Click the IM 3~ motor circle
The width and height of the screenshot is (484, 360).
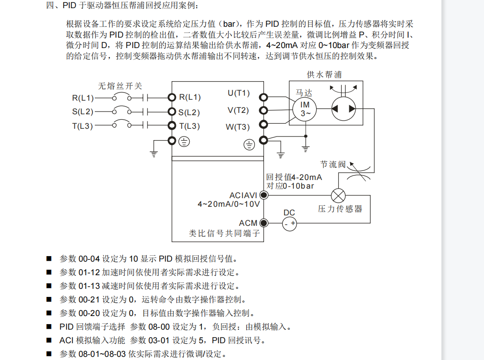coord(305,109)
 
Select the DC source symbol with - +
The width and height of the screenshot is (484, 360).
coord(289,223)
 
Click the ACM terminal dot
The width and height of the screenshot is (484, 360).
coord(263,223)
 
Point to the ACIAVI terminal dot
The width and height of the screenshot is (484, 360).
coord(263,195)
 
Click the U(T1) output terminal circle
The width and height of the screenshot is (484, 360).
coord(263,97)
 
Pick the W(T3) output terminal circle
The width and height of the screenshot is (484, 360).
coord(263,125)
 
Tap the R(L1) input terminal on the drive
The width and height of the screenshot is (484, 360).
coord(171,97)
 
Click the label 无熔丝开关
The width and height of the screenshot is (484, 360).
coord(120,86)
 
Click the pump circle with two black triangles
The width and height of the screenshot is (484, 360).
coord(343,109)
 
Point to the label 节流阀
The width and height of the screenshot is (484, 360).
coord(333,164)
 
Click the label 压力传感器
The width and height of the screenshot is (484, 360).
coord(340,209)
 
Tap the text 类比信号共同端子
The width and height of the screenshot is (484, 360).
coord(225,234)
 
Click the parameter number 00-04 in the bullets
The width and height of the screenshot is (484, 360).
coord(89,259)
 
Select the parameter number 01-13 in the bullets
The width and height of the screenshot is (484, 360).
coord(89,286)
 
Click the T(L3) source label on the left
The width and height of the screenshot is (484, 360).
coord(83,126)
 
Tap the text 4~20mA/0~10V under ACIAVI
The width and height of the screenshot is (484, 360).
coord(229,204)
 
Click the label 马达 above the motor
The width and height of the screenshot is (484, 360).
coord(304,92)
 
